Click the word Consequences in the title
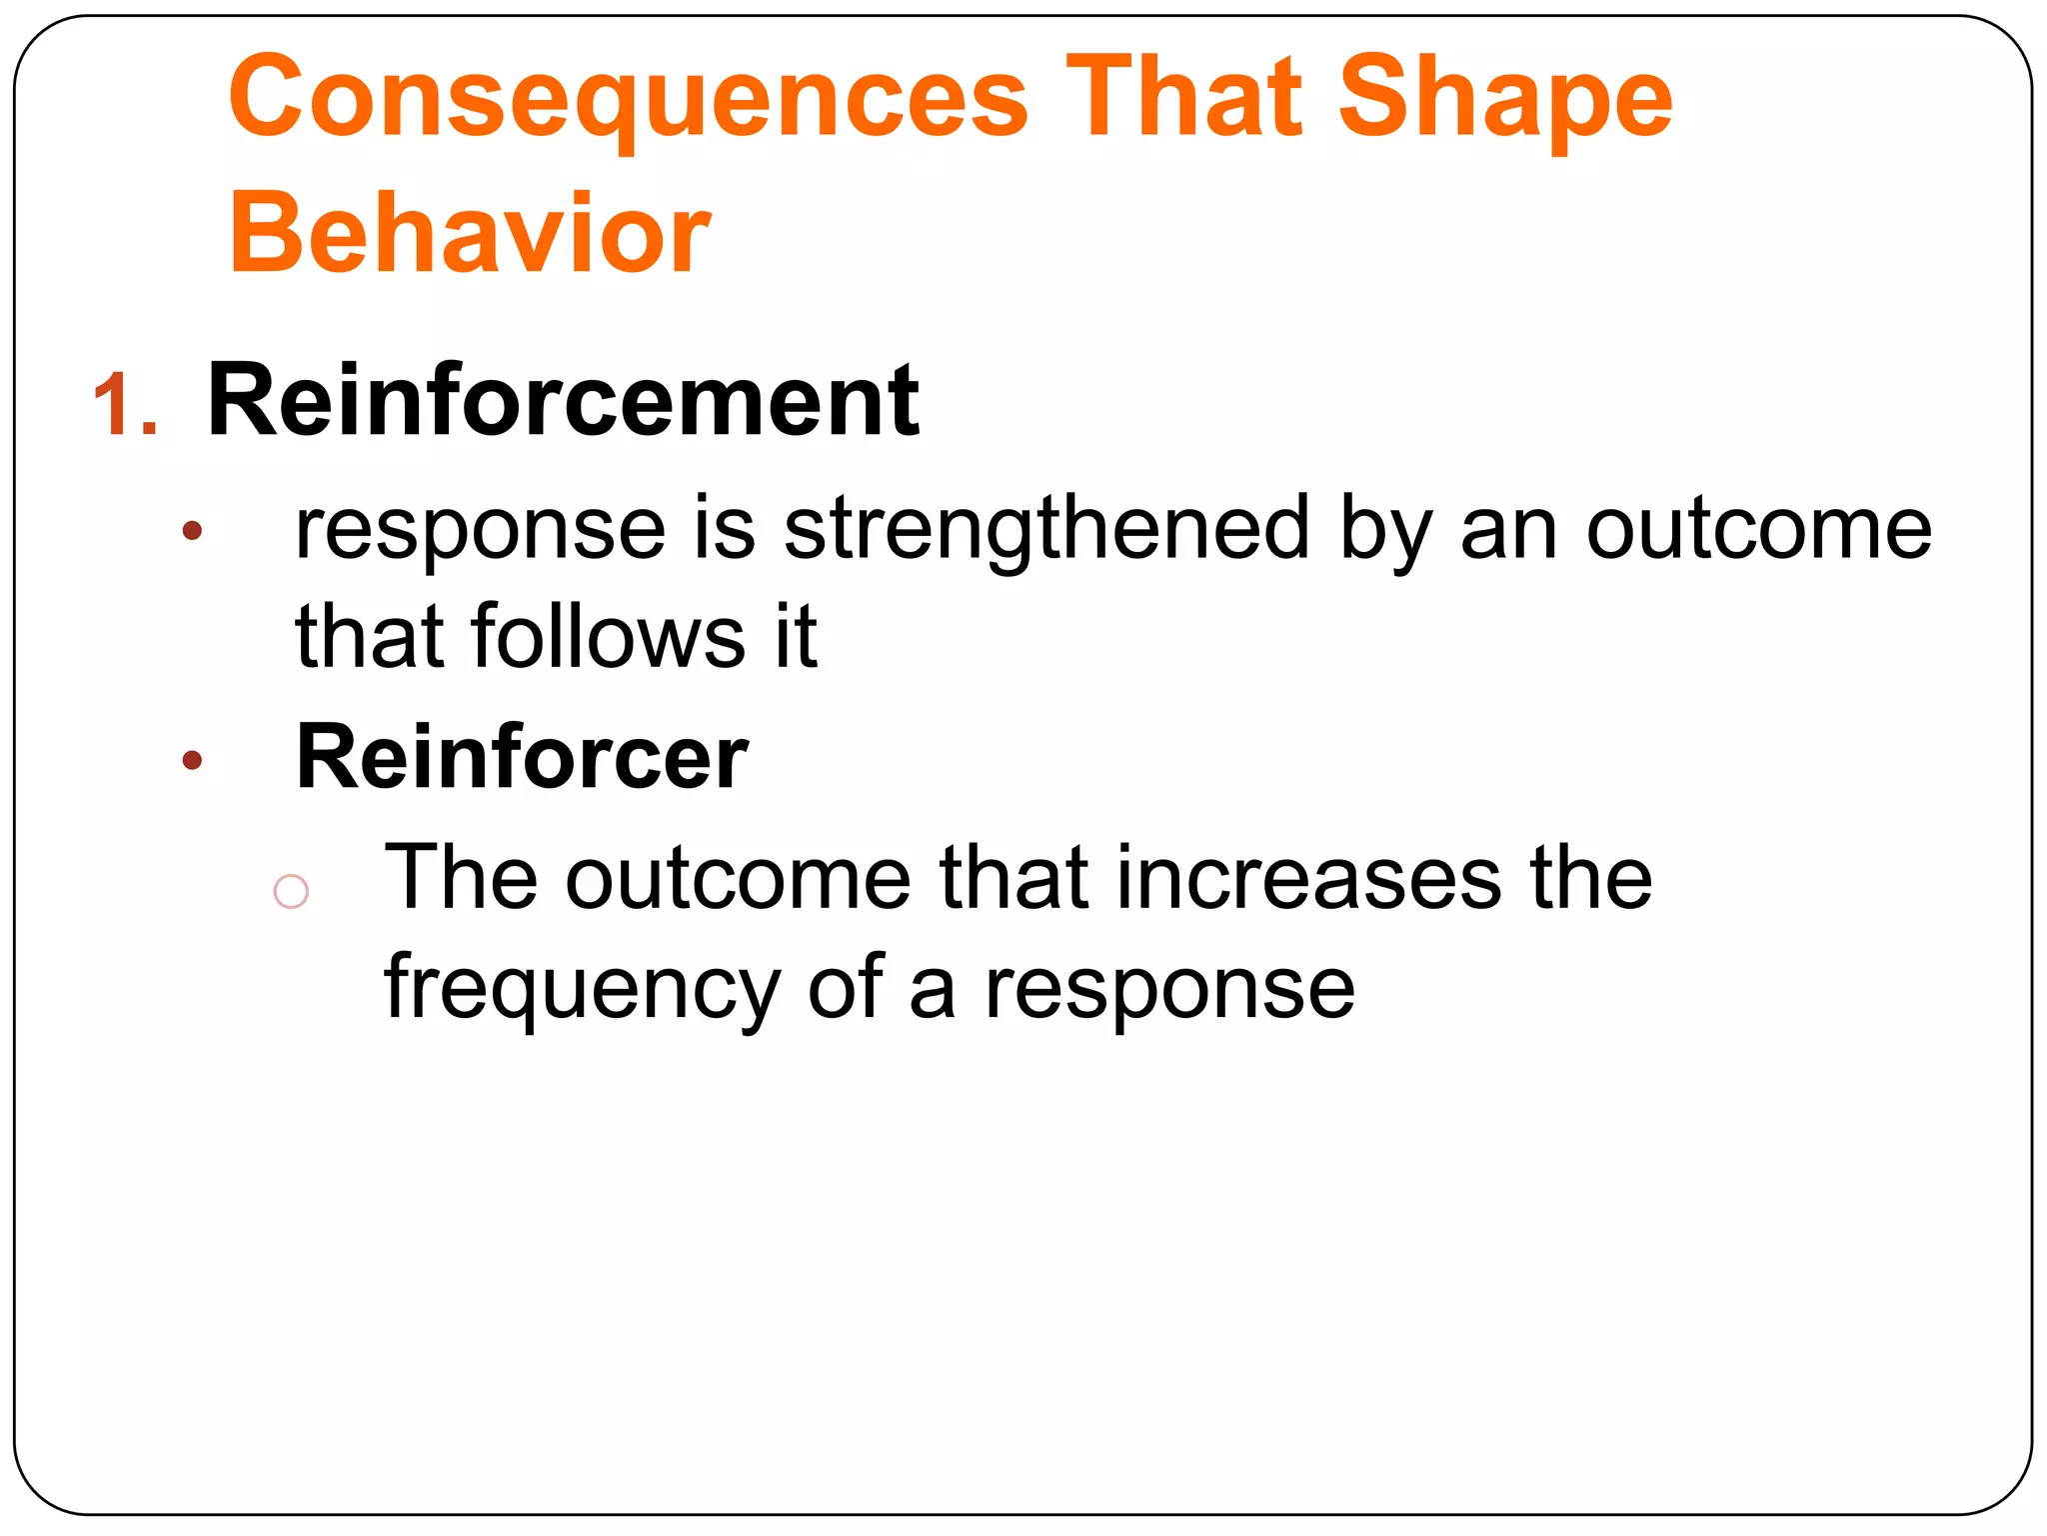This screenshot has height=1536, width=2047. pos(628,100)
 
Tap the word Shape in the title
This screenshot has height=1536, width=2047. pos(1504,100)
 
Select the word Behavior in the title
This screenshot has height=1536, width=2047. pos(469,234)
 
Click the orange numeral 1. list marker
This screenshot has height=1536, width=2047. pos(125,405)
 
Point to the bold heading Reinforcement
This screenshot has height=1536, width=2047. pos(562,402)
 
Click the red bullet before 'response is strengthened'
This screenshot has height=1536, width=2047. pos(193,531)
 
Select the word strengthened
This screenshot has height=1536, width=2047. pos(1045,530)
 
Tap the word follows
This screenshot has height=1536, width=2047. pos(608,636)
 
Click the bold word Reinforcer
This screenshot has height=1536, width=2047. pos(522,757)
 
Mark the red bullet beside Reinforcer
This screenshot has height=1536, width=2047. pos(193,761)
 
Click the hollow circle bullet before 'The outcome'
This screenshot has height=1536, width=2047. pos(291,890)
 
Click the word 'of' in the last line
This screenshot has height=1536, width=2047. pos(845,988)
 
